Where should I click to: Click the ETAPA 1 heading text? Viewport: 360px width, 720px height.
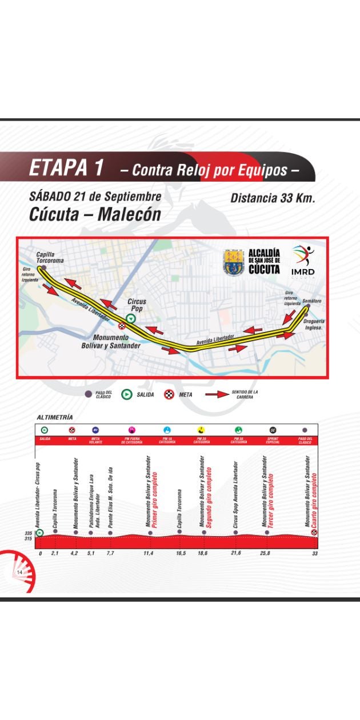[x=66, y=168]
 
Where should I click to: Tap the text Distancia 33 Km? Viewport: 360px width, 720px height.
[x=273, y=198]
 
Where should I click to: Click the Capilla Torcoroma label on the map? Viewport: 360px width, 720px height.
[x=50, y=258]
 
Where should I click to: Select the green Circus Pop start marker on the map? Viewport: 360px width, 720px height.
[x=131, y=319]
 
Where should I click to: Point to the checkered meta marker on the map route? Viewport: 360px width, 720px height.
[x=122, y=326]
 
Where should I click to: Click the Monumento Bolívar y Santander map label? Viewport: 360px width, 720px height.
[x=117, y=342]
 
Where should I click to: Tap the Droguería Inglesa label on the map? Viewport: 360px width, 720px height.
[x=314, y=325]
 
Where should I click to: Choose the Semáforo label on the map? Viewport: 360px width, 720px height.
[x=312, y=301]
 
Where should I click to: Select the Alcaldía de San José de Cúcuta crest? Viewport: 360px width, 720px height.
[x=235, y=262]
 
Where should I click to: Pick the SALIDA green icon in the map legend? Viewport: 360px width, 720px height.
[x=127, y=394]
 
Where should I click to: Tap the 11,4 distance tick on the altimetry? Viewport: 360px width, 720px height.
[x=150, y=554]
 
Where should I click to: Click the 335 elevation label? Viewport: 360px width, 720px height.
[x=27, y=534]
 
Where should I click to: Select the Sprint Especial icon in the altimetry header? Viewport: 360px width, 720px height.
[x=273, y=430]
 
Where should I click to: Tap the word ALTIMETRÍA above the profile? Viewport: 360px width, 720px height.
[x=55, y=418]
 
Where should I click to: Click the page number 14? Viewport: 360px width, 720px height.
[x=19, y=573]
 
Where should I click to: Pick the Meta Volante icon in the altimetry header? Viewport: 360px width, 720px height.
[x=95, y=430]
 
